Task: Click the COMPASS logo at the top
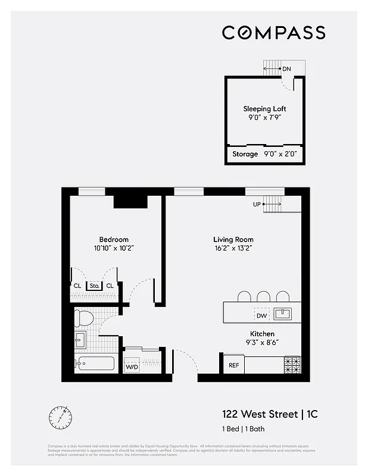[x=273, y=32]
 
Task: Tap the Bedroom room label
[x=114, y=240]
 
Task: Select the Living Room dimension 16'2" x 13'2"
[x=233, y=249]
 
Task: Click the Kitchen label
[x=262, y=334]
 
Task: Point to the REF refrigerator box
[x=233, y=365]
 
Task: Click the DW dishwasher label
[x=261, y=315]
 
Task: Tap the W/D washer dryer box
[x=131, y=367]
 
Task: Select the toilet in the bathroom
[x=84, y=318]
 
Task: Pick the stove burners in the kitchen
[x=292, y=365]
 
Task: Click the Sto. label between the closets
[x=93, y=286]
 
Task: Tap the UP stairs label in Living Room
[x=257, y=204]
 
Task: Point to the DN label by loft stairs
[x=286, y=69]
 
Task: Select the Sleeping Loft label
[x=264, y=109]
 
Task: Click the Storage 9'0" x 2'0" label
[x=264, y=154]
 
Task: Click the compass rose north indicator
[x=61, y=416]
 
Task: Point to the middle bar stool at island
[x=264, y=296]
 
